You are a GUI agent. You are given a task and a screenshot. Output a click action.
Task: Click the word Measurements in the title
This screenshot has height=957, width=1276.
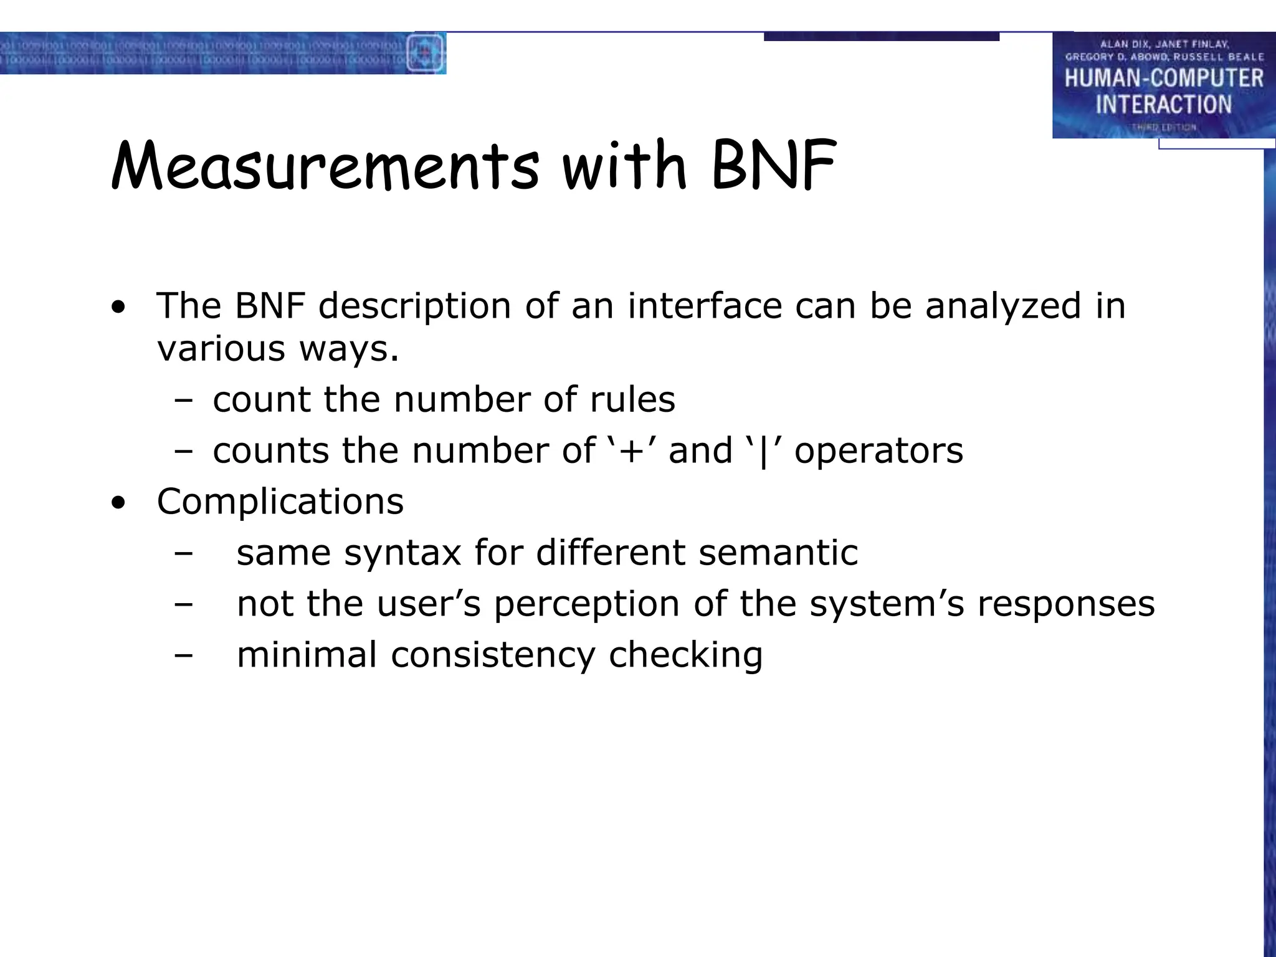click(324, 167)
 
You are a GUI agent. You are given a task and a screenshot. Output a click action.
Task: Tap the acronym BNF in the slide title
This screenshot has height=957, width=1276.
click(773, 166)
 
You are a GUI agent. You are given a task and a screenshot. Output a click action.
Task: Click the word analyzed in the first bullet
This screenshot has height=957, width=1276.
click(1003, 307)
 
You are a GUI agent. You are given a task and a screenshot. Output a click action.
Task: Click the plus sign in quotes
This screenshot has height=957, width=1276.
click(631, 450)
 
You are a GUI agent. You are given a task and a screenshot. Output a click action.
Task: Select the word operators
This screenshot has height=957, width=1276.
click(878, 452)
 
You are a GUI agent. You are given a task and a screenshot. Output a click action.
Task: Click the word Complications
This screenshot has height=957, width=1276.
click(280, 502)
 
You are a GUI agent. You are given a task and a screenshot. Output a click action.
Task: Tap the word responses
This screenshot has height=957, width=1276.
click(1066, 605)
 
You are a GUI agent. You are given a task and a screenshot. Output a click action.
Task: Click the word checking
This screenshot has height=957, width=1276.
click(685, 656)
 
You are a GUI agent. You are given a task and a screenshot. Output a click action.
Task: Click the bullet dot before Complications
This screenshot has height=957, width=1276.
click(118, 503)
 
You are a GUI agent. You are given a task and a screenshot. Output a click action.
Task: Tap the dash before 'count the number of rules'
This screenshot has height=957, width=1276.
click(184, 401)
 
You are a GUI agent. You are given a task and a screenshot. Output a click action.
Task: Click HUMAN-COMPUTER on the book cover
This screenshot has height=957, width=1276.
click(1164, 79)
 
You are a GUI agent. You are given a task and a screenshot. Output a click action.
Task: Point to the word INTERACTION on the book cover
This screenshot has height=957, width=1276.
click(1164, 105)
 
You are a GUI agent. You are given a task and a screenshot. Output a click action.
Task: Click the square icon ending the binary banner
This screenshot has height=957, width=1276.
click(426, 53)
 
